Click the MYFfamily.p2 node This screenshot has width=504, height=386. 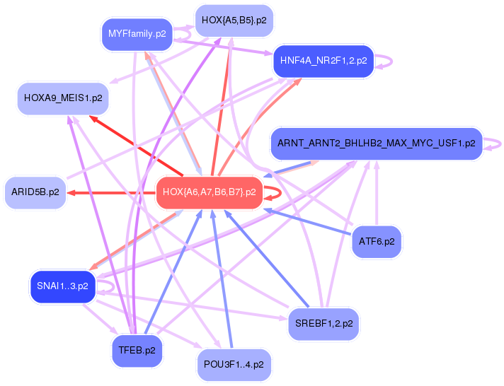[137, 34]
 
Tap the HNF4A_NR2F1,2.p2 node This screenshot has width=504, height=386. [323, 61]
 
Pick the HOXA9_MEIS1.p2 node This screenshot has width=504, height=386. [62, 98]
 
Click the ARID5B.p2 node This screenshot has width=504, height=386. [35, 192]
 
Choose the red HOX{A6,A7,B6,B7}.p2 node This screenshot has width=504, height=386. [208, 192]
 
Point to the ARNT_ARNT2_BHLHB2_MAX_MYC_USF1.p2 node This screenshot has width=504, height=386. [376, 144]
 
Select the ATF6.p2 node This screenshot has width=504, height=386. [376, 242]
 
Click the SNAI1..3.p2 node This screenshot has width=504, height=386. [62, 286]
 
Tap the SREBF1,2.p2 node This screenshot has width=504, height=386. [323, 324]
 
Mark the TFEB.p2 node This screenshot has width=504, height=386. [137, 350]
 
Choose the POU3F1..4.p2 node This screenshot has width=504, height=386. [234, 365]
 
